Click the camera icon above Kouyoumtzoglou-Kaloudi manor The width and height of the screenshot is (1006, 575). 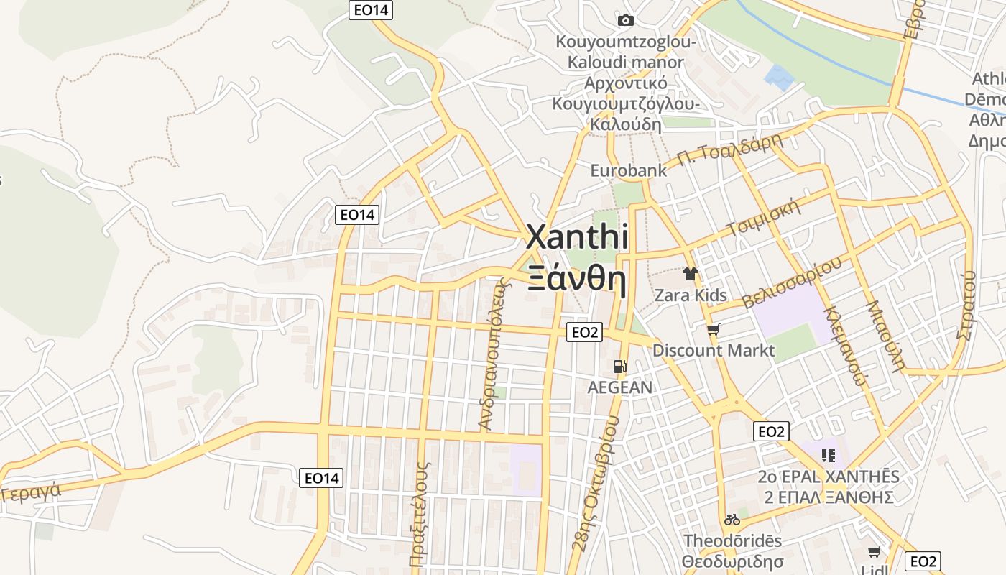(626, 20)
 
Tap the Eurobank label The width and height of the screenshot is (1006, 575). (624, 171)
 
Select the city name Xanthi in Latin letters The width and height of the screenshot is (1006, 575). (578, 237)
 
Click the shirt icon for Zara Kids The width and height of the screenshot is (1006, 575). (691, 274)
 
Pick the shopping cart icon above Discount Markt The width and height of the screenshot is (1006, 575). (713, 330)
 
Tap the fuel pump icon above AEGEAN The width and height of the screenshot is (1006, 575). (619, 367)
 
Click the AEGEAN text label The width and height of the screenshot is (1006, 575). (620, 387)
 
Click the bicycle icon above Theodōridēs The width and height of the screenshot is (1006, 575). (732, 520)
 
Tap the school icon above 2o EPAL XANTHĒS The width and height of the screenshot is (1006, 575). (829, 456)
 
